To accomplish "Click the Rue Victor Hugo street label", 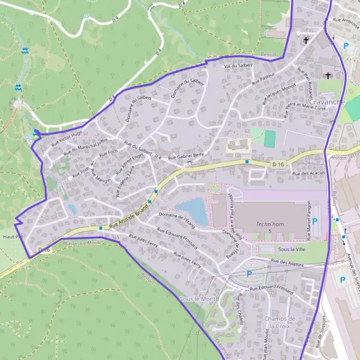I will (x=67, y=138).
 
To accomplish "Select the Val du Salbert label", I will (x=238, y=65).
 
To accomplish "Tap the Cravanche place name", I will (x=328, y=101).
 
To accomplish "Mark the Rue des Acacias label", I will (x=308, y=173).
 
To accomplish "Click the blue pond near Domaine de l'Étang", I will (x=193, y=212).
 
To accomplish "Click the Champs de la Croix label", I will (x=282, y=322).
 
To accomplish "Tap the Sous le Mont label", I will (x=199, y=298).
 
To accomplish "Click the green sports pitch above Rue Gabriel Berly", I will (x=270, y=139).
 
